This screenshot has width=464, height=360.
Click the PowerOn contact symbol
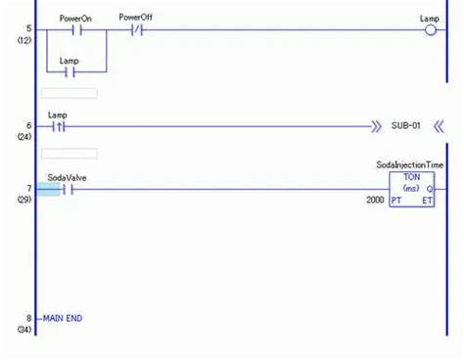[x=77, y=30]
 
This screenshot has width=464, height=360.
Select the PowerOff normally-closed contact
[x=137, y=30]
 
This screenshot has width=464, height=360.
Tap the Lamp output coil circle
[x=430, y=30]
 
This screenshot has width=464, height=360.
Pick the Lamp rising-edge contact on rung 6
[x=60, y=126]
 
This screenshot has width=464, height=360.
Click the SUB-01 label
[x=404, y=126]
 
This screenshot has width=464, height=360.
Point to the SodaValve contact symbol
[x=69, y=189]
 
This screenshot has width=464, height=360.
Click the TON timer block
[x=412, y=189]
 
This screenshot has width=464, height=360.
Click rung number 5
[x=28, y=28]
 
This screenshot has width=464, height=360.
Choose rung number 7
[x=28, y=188]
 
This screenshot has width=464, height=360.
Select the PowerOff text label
[x=135, y=18]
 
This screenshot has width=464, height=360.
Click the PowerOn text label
[x=76, y=18]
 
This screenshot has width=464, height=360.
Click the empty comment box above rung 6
[x=69, y=93]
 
